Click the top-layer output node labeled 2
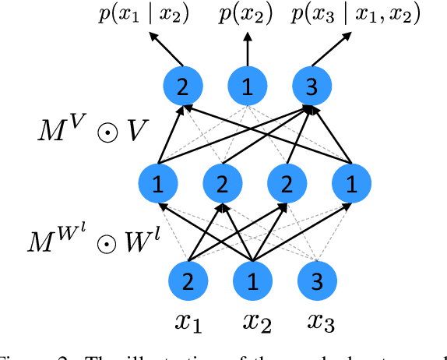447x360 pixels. point(183,89)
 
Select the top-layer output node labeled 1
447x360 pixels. point(248,89)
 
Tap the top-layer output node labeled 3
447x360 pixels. point(311,89)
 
